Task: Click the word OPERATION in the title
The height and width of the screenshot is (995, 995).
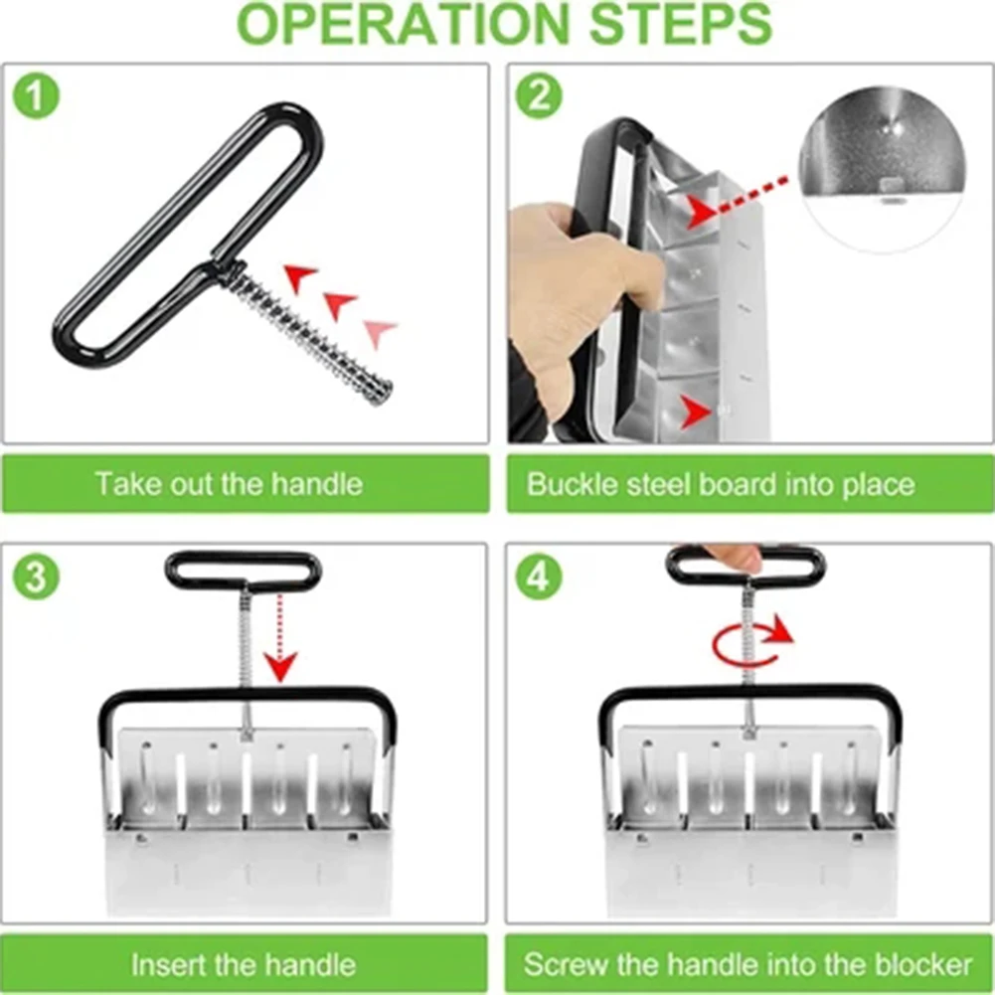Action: coord(403,24)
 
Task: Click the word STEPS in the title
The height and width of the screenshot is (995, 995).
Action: coord(680,24)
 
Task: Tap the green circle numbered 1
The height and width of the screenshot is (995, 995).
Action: coord(36,95)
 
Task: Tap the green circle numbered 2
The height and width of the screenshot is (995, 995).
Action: coord(539,95)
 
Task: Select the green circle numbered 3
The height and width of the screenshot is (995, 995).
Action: coord(36,577)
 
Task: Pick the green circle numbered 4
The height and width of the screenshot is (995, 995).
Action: coord(539,577)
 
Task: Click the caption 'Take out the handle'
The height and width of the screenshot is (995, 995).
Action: coord(229,484)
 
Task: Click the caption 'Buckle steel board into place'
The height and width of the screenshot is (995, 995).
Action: coord(721,485)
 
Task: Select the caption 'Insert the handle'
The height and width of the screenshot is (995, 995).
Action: coord(244,965)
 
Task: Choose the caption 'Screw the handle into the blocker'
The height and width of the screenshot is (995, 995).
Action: coord(748,965)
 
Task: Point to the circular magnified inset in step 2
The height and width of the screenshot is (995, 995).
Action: coord(883,169)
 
